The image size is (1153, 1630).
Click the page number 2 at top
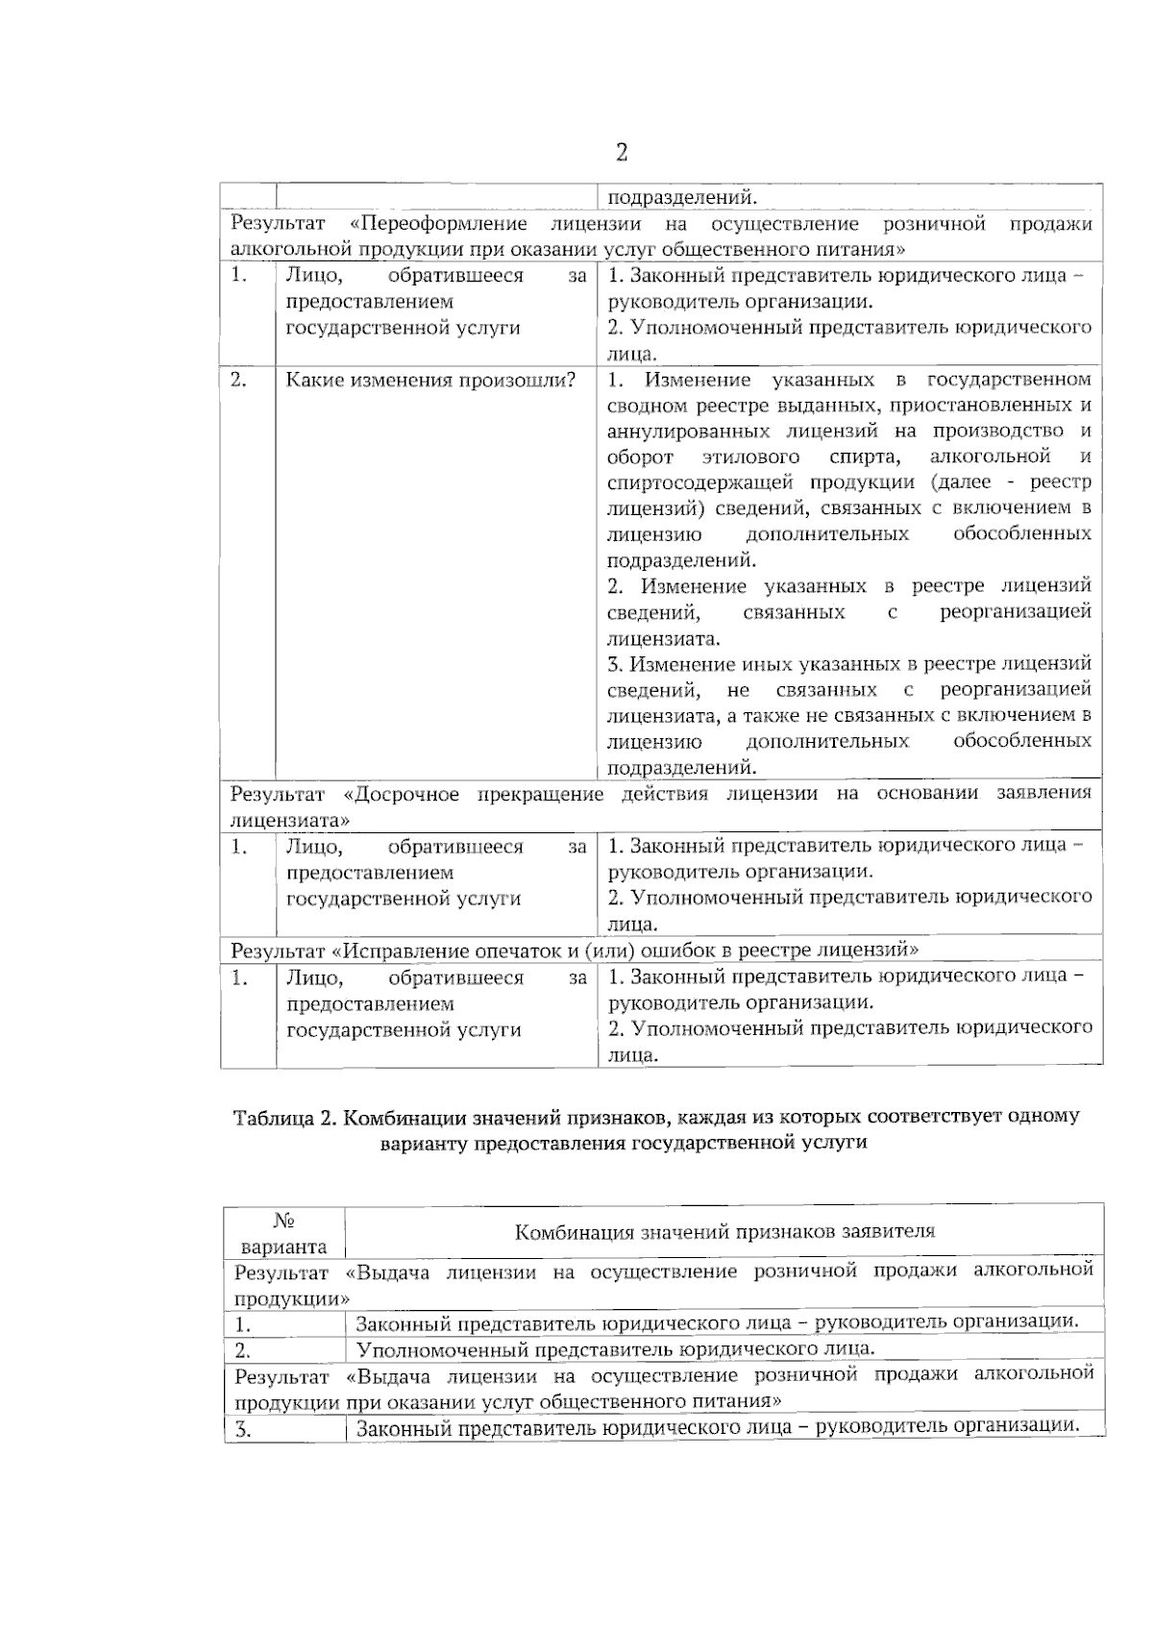tap(622, 152)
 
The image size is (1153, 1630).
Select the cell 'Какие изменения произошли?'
tap(430, 380)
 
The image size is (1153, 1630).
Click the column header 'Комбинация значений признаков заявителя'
tap(724, 1231)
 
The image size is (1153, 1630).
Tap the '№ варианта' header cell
tap(283, 1233)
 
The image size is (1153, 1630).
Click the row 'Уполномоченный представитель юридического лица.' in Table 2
tap(615, 1348)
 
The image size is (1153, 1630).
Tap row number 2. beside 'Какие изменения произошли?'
tap(239, 380)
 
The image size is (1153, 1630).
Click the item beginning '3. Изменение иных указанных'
tap(849, 664)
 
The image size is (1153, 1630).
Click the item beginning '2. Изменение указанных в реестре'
tap(849, 586)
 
